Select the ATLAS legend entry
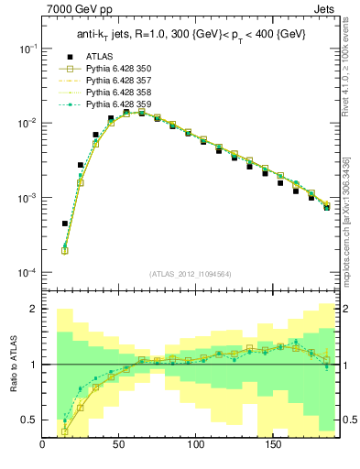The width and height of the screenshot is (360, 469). point(99,57)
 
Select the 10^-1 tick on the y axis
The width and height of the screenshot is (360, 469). point(29,48)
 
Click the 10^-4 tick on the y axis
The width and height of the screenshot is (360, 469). point(29,273)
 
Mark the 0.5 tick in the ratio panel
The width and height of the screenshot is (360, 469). point(30,420)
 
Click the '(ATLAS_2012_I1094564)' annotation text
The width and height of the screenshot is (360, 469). point(190,273)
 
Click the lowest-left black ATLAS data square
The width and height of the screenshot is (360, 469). point(65,224)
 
